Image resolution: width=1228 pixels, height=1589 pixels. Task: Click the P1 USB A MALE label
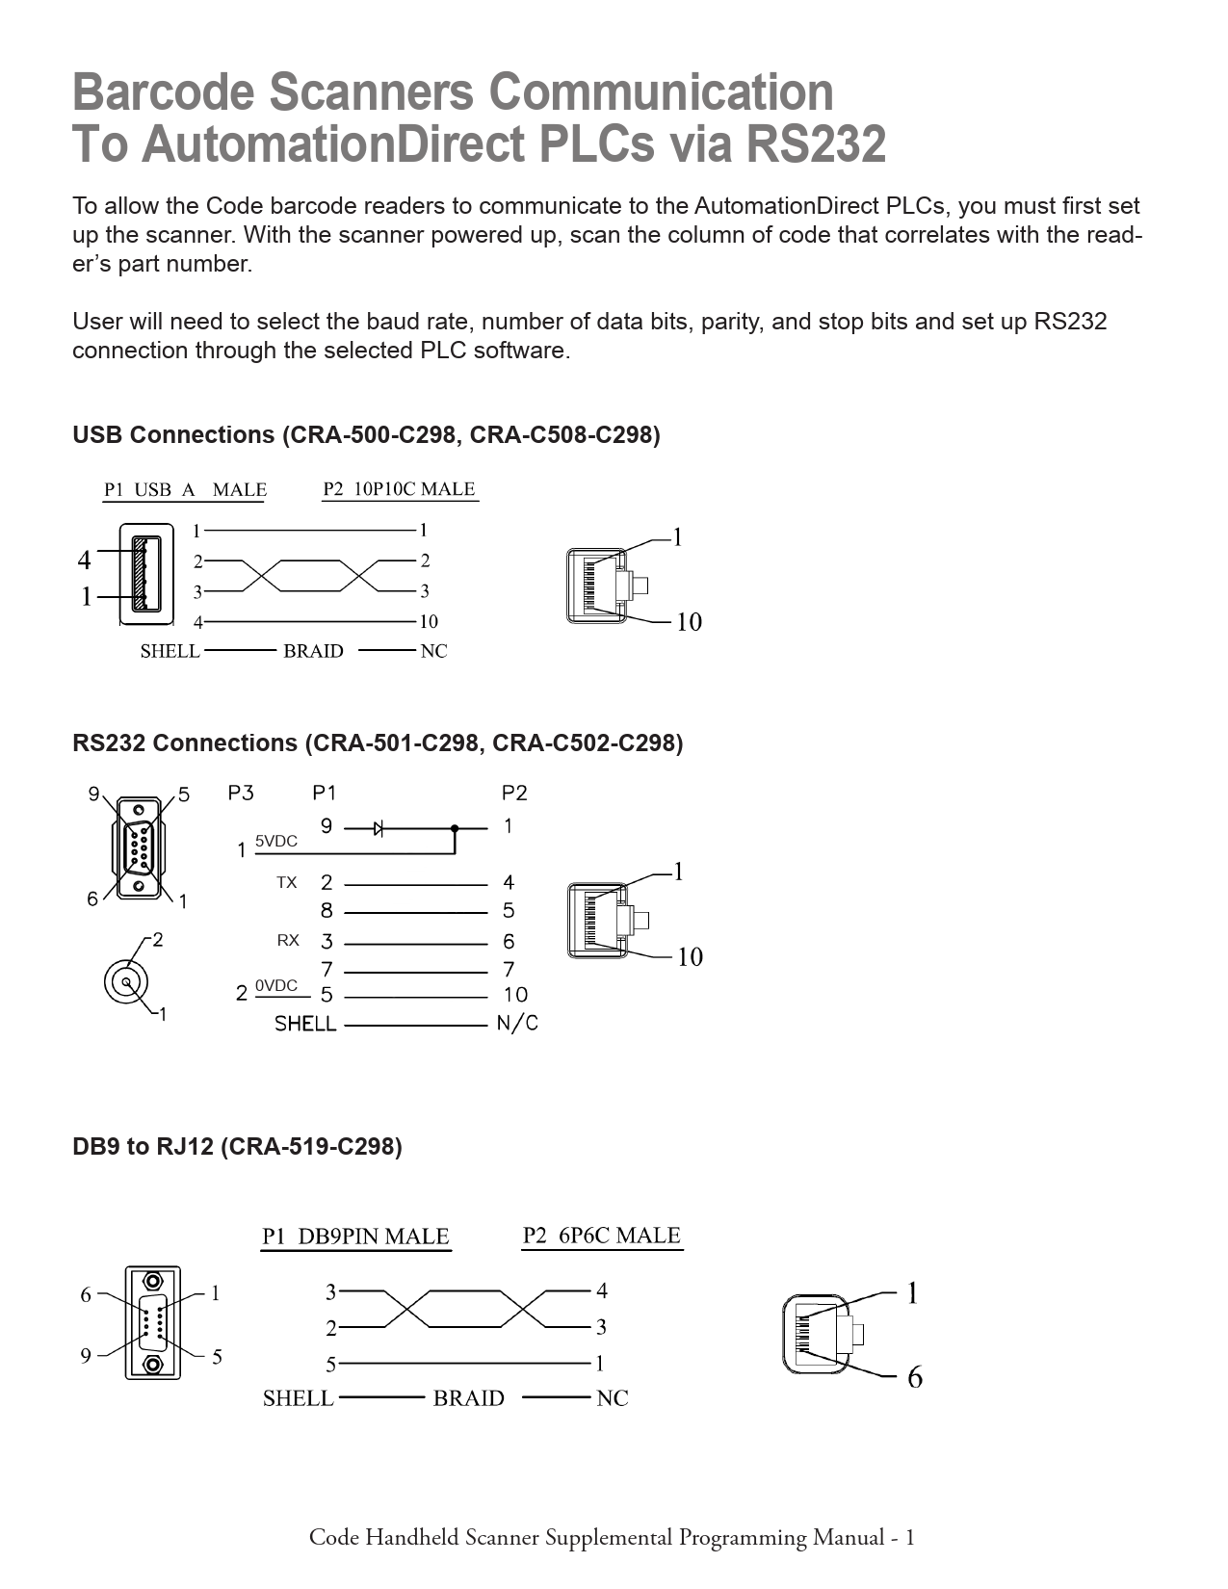185,489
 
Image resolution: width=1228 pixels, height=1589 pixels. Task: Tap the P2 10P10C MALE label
399,489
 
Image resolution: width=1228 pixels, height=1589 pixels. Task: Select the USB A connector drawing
145,575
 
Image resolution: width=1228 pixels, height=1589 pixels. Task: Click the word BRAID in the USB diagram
313,652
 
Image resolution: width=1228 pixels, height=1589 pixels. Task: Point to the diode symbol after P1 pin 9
379,827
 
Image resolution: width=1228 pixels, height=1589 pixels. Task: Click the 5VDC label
275,842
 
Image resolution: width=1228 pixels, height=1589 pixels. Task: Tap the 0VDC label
275,986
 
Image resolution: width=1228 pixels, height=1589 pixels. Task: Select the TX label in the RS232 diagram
287,882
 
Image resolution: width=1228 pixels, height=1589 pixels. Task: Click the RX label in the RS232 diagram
287,941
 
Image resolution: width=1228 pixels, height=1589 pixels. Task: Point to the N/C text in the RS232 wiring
517,1023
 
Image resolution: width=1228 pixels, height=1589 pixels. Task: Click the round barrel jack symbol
126,982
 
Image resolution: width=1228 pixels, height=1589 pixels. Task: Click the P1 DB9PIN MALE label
355,1237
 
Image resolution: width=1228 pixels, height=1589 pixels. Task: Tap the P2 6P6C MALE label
601,1236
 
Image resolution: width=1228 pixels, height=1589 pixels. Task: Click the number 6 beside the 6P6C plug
914,1378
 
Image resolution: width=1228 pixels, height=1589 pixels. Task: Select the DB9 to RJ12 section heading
237,1147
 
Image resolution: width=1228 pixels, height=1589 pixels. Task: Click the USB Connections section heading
366,435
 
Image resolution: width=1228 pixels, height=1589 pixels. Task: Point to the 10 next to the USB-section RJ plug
689,622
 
